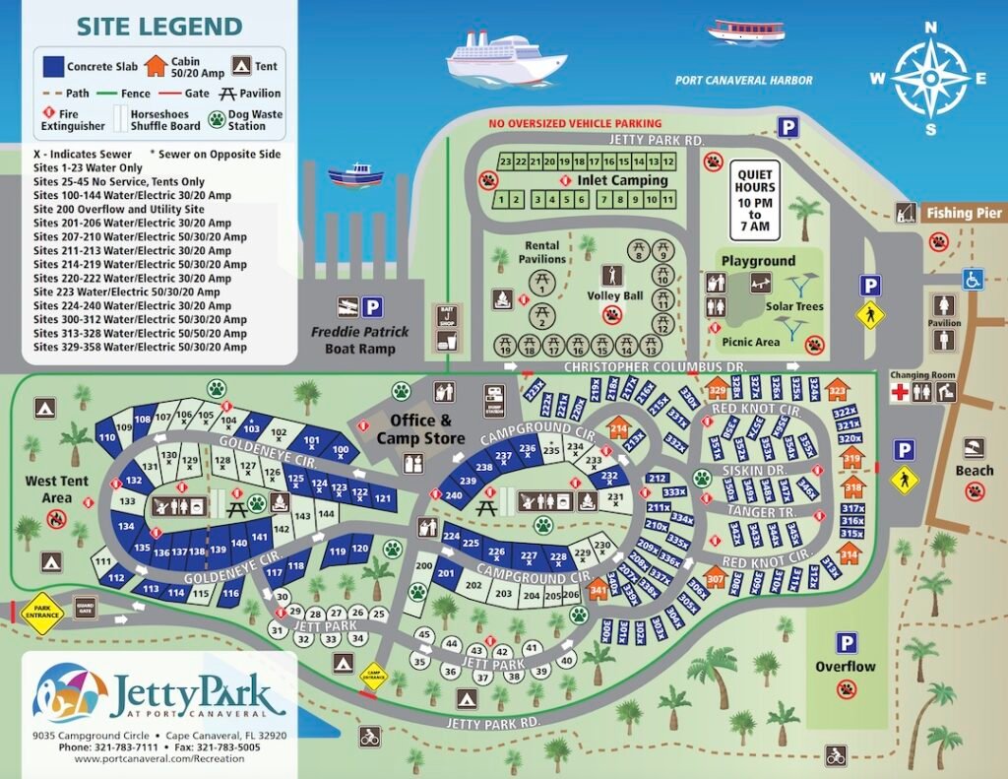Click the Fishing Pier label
click(962, 213)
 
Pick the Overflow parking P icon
click(846, 643)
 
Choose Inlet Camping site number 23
click(505, 162)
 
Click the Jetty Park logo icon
click(69, 692)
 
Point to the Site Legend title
click(158, 27)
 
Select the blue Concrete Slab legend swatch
click(53, 67)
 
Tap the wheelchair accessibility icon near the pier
click(973, 279)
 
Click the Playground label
click(758, 261)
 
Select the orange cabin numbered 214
click(619, 428)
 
